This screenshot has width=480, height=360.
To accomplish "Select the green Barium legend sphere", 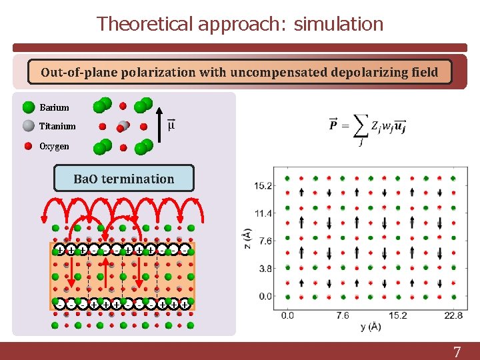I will [x=29, y=107].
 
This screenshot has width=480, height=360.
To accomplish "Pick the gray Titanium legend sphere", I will [x=29, y=126].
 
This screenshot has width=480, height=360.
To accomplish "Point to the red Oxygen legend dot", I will [x=29, y=146].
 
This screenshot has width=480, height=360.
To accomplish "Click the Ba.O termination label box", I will [x=123, y=179].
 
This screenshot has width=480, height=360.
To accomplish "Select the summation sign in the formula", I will [x=359, y=125].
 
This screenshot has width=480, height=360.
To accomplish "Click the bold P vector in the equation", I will [x=333, y=125].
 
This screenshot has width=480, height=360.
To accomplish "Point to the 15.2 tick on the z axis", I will [x=263, y=185].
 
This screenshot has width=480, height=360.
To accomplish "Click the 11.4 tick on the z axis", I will [x=263, y=213].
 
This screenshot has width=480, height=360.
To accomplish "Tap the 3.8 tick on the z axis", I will [x=265, y=269].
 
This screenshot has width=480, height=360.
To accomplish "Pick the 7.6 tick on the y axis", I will [x=343, y=315].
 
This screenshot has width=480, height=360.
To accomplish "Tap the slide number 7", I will [x=457, y=353].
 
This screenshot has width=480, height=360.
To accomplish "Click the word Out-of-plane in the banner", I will [x=79, y=72].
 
